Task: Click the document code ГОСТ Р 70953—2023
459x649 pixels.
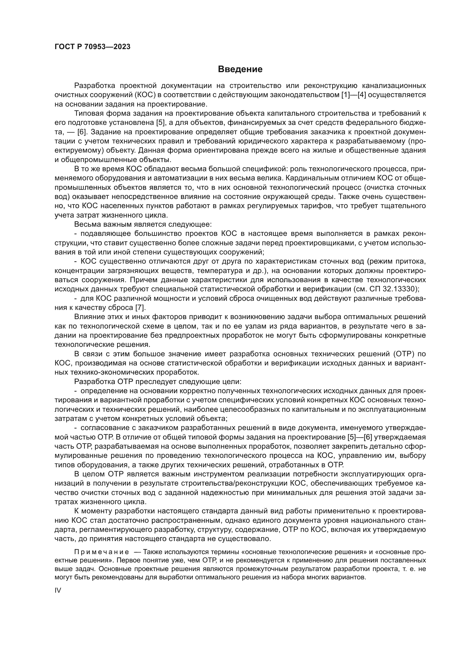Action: [92, 47]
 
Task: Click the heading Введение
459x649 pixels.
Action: [240, 69]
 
